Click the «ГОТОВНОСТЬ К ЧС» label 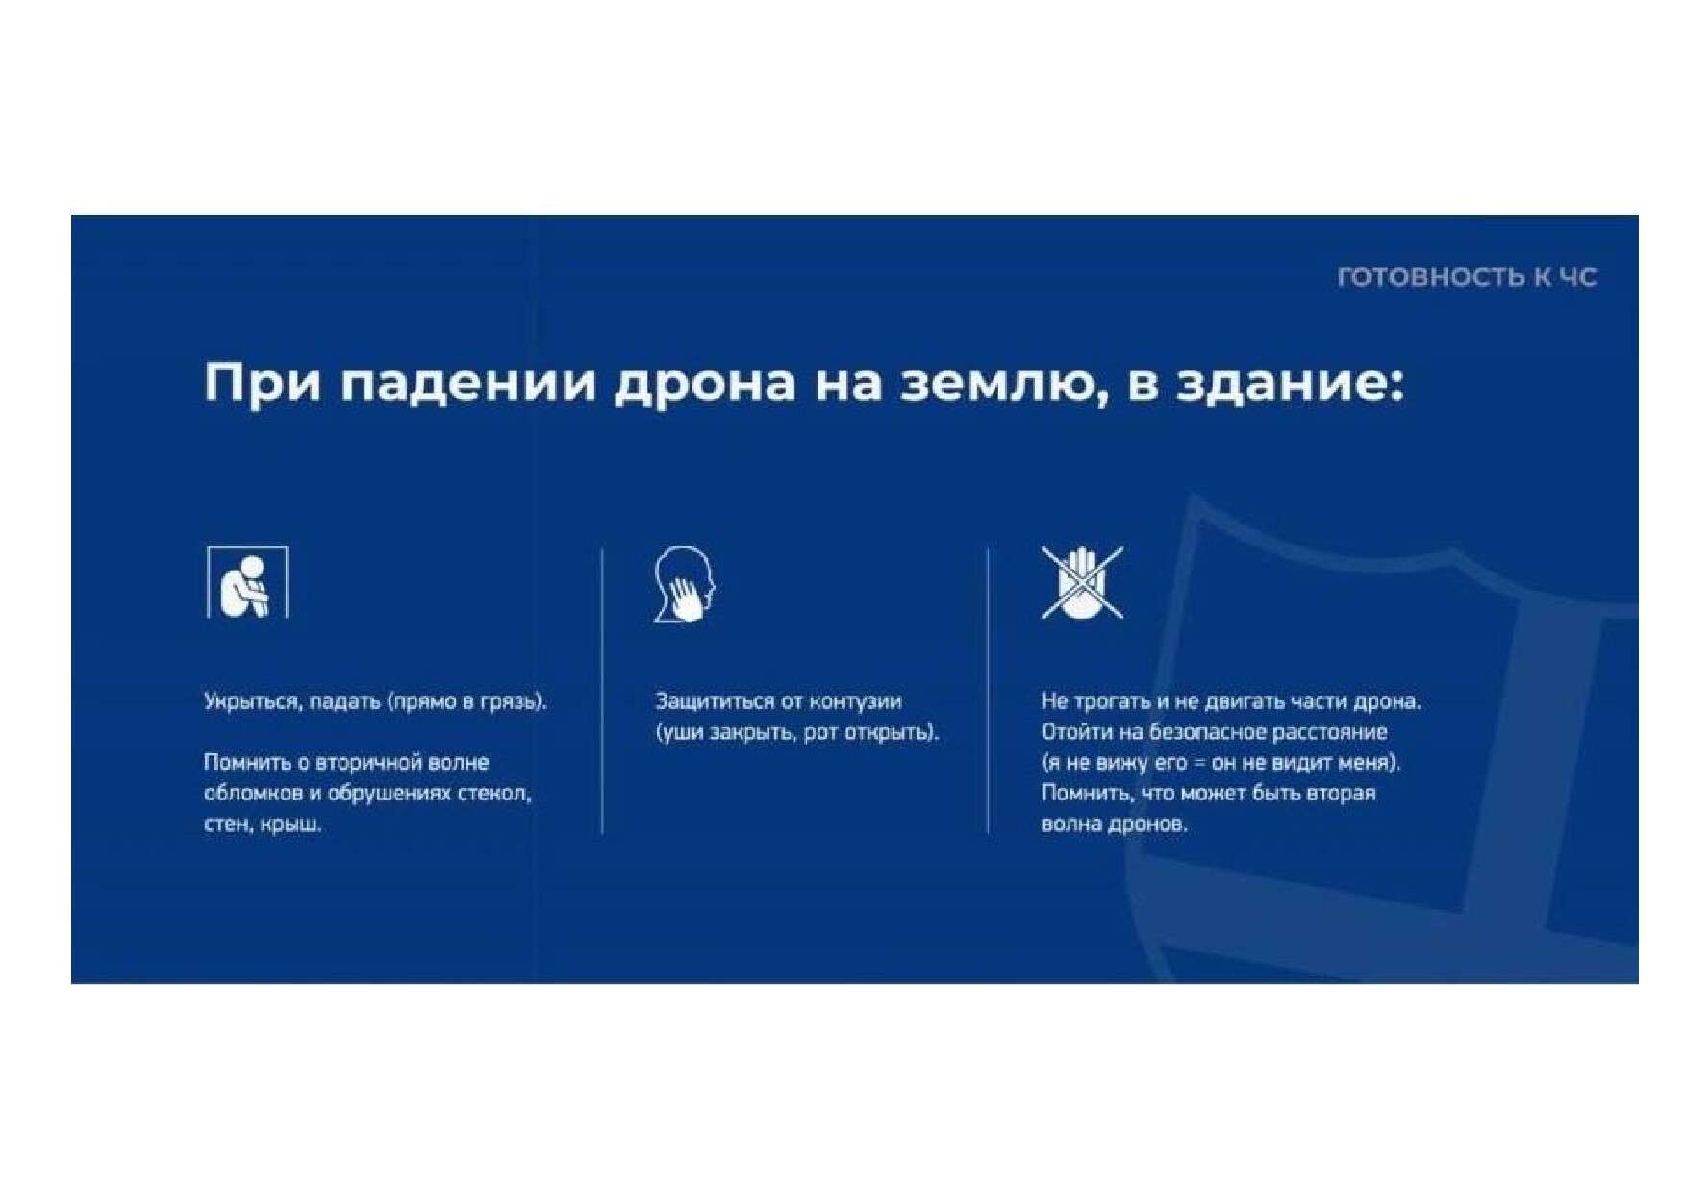[1467, 277]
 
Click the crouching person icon [247, 582]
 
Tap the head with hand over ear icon [685, 584]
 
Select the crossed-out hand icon [1082, 582]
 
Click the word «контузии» [856, 701]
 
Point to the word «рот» [820, 733]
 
